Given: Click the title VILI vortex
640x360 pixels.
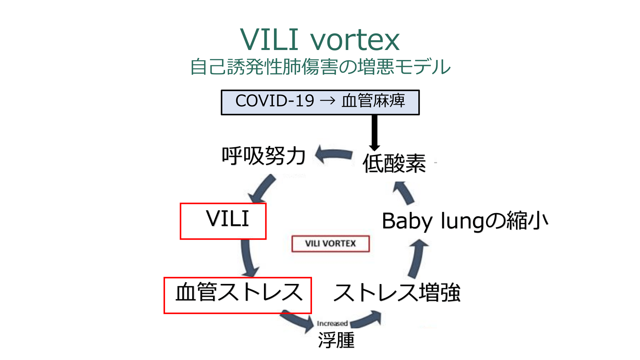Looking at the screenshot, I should tap(320, 40).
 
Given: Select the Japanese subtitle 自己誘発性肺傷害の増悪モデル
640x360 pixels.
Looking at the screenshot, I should tap(320, 67).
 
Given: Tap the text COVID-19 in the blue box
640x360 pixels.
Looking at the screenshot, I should tap(275, 101).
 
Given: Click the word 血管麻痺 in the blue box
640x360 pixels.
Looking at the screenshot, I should tap(373, 101).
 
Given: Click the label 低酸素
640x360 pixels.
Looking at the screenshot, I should tap(394, 164).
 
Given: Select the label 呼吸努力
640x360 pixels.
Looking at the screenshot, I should tap(263, 156).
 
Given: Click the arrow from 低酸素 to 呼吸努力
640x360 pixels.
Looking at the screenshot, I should tap(334, 155).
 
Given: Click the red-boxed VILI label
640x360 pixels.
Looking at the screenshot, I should tap(227, 219).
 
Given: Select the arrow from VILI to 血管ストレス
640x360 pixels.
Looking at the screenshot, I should tap(248, 258).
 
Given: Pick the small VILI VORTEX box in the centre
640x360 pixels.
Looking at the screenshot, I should tap(330, 244).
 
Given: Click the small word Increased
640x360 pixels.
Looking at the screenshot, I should tap(332, 323).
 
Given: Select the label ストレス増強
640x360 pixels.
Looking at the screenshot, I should tap(397, 293).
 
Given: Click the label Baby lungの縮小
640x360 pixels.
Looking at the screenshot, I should tap(465, 221).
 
